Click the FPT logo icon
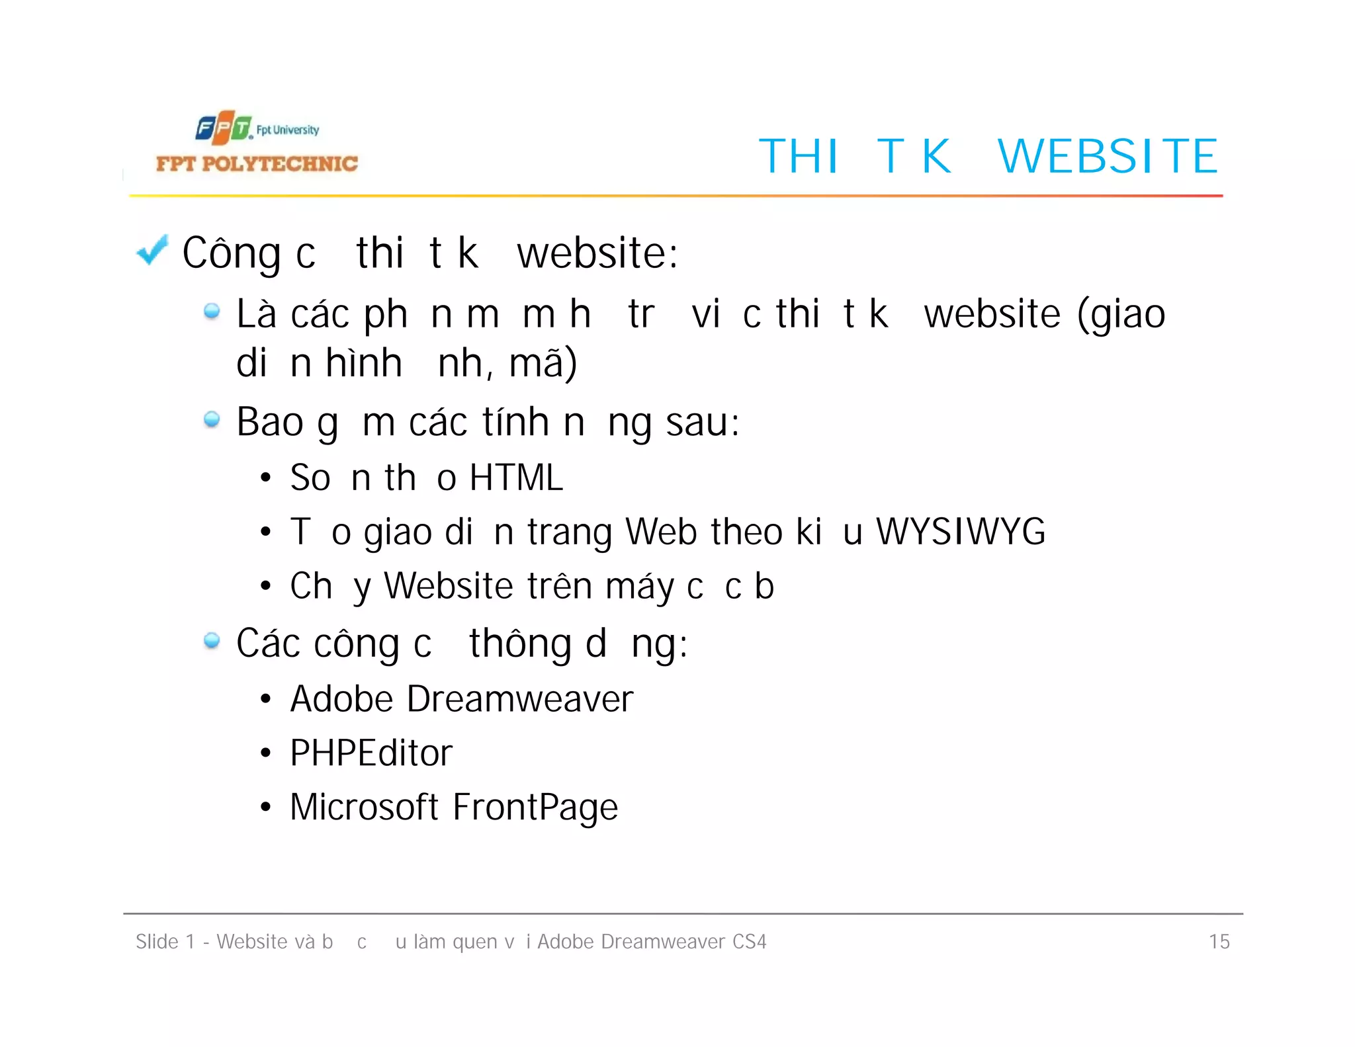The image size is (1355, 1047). (x=224, y=128)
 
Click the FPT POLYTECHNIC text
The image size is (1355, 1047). (x=257, y=164)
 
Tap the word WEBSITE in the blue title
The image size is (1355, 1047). (x=1108, y=157)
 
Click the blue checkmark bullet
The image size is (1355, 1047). (x=152, y=251)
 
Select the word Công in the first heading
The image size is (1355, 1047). (x=232, y=254)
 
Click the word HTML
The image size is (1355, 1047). (x=516, y=478)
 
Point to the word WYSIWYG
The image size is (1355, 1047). (x=961, y=532)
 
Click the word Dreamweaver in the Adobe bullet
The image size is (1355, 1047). (x=520, y=699)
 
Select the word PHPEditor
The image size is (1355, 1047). (x=371, y=753)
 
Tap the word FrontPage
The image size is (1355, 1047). (x=535, y=808)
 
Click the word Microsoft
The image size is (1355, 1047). (x=364, y=808)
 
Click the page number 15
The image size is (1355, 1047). (x=1219, y=942)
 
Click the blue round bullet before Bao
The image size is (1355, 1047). (x=212, y=419)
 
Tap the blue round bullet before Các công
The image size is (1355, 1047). (x=212, y=640)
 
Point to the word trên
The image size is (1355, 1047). (x=559, y=586)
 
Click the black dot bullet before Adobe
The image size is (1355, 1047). (x=265, y=699)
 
